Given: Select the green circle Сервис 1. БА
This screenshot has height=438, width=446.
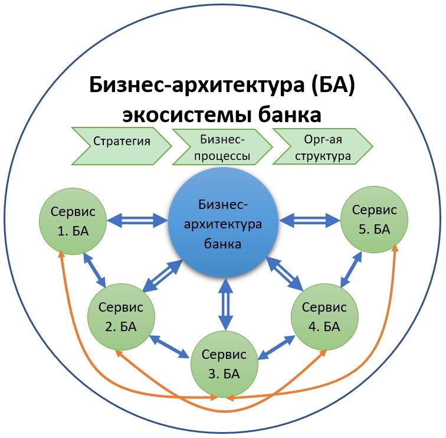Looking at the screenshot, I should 73,220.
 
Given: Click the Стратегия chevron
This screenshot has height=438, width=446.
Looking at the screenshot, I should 121,142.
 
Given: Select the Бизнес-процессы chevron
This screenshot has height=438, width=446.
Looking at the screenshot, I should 221,148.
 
